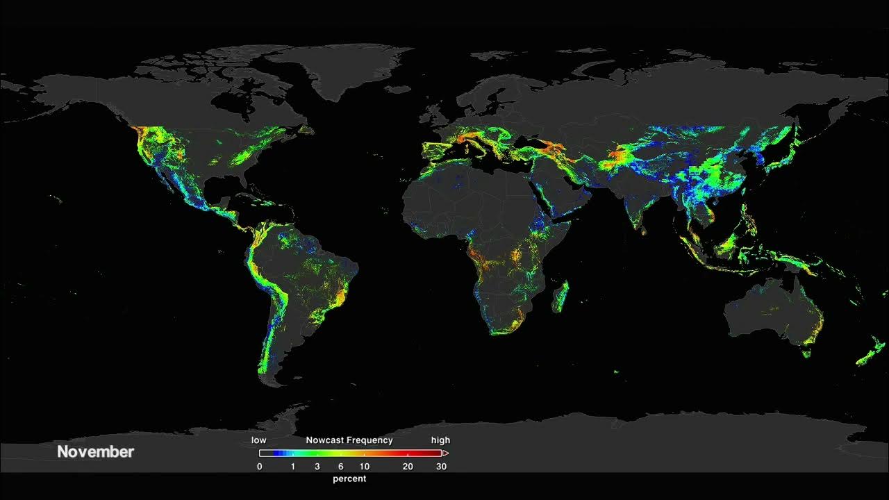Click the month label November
(x=95, y=452)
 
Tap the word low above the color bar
(x=258, y=440)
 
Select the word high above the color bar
(x=440, y=440)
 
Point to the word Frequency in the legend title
(x=369, y=440)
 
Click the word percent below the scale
(x=349, y=478)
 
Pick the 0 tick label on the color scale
(x=260, y=467)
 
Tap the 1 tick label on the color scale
(x=293, y=467)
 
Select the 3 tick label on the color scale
(x=317, y=467)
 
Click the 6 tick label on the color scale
(x=340, y=467)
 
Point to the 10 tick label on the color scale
(x=364, y=467)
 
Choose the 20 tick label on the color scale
(x=408, y=467)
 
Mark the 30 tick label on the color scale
(x=441, y=467)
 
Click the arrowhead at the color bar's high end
(x=445, y=453)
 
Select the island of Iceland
(x=399, y=90)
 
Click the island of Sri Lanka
(x=644, y=230)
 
